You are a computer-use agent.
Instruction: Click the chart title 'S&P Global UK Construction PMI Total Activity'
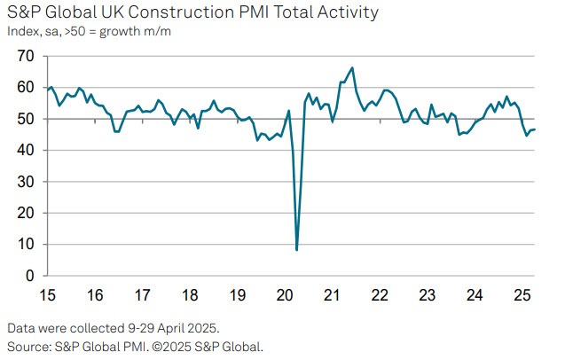coord(192,12)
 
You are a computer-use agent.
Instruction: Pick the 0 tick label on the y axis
coord(30,276)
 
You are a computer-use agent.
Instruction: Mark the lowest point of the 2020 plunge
coord(296,250)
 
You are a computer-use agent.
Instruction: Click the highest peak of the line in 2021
coord(352,67)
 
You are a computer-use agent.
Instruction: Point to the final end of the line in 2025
coord(535,129)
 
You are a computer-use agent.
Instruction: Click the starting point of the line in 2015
coord(47,90)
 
